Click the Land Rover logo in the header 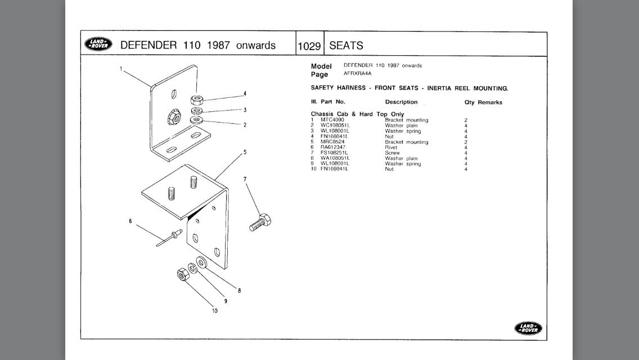coord(98,44)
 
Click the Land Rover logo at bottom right coord(528,328)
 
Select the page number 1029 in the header coord(309,46)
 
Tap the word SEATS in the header coord(346,46)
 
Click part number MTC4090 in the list coord(332,120)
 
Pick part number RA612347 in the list coord(334,147)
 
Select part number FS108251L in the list coord(334,153)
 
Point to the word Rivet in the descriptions coord(391,147)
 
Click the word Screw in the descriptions coord(392,153)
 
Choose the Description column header coord(401,102)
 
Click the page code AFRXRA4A coord(358,73)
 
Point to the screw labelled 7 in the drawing coord(260,223)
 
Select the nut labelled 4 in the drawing coord(196,100)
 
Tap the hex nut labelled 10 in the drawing coord(182,274)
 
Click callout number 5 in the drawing coord(245,152)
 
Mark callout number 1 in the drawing coord(121,69)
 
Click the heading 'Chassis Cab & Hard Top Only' coord(357,114)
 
